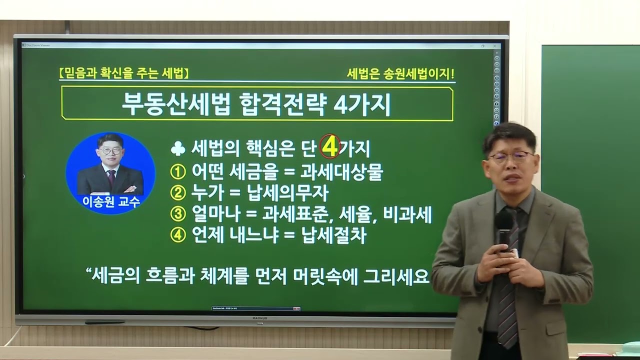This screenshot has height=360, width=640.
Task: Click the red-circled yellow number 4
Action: tap(330, 147)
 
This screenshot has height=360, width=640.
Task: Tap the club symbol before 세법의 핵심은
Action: tap(178, 148)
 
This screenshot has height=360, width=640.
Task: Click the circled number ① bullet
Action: tap(178, 172)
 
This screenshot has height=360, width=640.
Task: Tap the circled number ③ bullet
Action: tap(178, 215)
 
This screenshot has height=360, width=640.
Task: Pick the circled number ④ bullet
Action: tap(178, 236)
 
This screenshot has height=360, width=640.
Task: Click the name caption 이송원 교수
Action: tap(111, 202)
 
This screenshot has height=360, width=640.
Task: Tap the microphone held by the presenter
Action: tap(504, 225)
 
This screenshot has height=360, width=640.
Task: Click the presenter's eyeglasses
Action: tap(510, 157)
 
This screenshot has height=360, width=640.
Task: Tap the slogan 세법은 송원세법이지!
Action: tap(400, 74)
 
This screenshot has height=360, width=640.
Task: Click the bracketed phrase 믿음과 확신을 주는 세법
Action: tap(123, 74)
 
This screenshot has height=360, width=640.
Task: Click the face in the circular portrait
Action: tap(110, 150)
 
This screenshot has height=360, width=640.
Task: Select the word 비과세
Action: tap(407, 215)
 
